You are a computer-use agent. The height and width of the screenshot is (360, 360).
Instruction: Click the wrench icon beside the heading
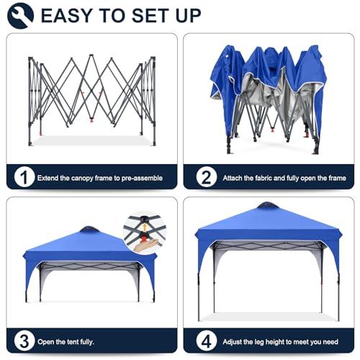tap(20, 16)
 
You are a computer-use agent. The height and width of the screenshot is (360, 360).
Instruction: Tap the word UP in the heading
tap(188, 16)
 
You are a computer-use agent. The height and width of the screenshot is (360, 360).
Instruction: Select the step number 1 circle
tap(24, 177)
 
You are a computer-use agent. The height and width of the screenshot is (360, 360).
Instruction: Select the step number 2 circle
tap(207, 177)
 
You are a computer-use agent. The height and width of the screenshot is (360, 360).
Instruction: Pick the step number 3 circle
tap(24, 341)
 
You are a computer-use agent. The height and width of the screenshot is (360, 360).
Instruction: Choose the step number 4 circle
tap(207, 341)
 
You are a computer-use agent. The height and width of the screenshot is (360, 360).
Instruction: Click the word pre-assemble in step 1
tap(142, 179)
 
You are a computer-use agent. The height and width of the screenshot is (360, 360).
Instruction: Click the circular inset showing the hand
tap(145, 233)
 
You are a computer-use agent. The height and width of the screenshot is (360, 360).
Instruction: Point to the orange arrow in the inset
tap(144, 227)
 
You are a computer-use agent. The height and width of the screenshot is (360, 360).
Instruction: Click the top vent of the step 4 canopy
tap(267, 205)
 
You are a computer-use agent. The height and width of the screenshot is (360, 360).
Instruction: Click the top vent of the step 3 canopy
tap(89, 229)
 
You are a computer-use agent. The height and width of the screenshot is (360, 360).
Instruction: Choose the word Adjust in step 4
tap(232, 342)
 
